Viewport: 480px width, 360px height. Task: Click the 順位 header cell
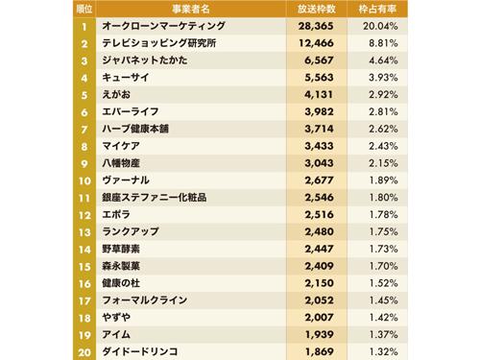[x=84, y=8]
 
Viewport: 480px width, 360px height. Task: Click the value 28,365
[x=316, y=26]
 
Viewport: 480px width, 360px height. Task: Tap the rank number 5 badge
[x=85, y=95]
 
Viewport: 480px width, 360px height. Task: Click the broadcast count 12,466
[x=316, y=43]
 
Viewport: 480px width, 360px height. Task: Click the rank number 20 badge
[x=85, y=351]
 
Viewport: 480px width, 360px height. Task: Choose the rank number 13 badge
[x=85, y=231]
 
